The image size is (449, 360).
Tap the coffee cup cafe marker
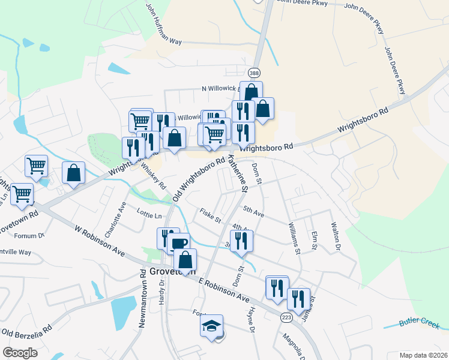[179, 244]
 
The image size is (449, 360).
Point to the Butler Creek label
[420, 322]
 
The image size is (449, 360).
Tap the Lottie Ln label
[149, 215]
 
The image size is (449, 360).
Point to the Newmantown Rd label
[143, 304]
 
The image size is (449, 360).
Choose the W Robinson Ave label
[99, 241]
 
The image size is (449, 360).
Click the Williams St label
[293, 237]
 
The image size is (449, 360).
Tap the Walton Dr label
[336, 236]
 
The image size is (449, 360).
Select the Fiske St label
[210, 214]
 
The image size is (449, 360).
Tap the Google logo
[20, 353]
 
